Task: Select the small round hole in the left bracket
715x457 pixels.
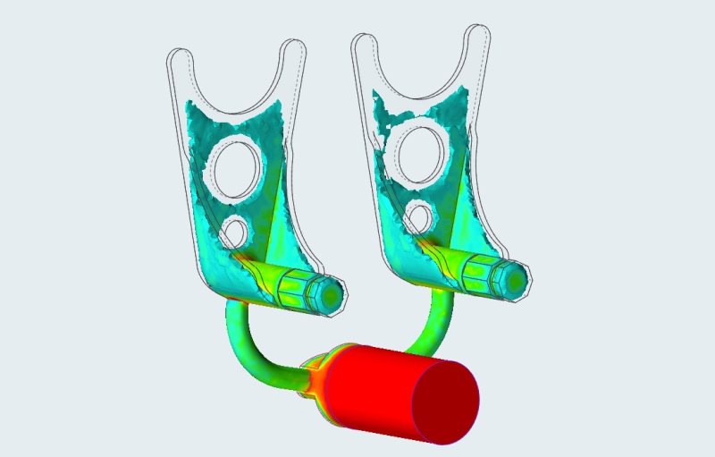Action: pyautogui.click(x=235, y=232)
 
